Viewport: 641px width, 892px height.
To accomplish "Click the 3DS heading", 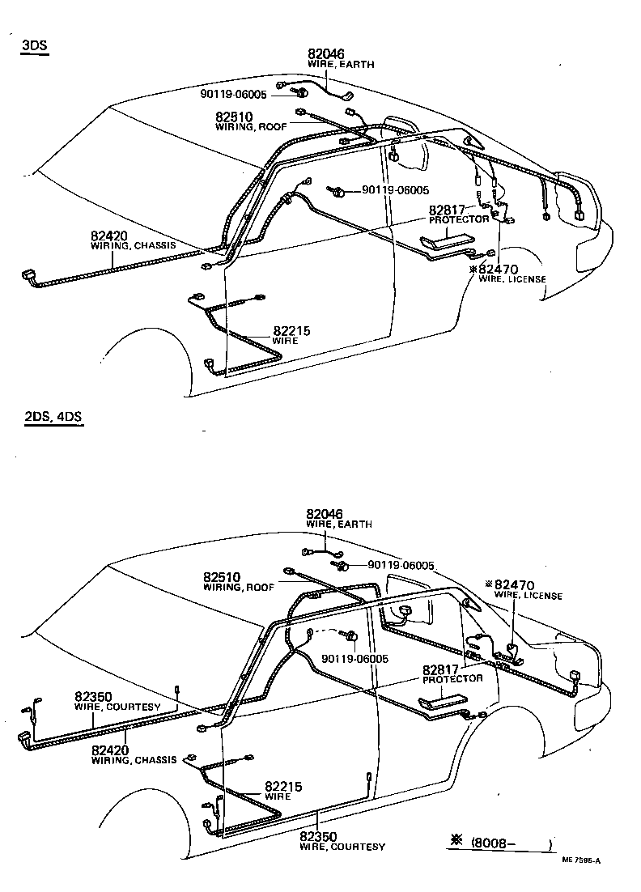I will click(x=35, y=46).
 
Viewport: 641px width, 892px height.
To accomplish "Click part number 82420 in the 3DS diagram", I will click(x=109, y=236).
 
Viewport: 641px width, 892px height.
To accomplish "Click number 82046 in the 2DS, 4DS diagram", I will click(x=325, y=514).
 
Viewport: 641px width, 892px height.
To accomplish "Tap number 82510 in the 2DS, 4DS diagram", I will click(x=223, y=577).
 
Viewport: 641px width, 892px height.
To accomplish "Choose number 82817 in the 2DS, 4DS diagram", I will click(x=441, y=669).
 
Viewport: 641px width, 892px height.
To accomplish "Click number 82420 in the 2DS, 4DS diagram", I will click(x=111, y=750).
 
